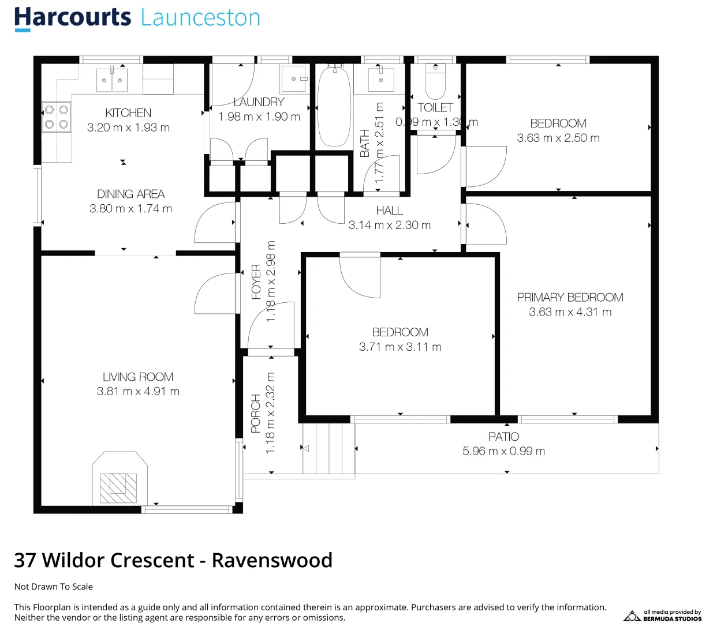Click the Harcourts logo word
(x=73, y=18)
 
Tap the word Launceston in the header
(x=200, y=18)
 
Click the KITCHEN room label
(x=128, y=113)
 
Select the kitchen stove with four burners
(x=57, y=117)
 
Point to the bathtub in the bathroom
(x=334, y=107)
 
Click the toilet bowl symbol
(x=435, y=84)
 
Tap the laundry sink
(x=295, y=79)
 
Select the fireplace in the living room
(x=120, y=479)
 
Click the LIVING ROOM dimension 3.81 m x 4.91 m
(x=138, y=392)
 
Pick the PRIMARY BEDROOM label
(x=570, y=298)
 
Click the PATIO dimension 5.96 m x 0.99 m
(x=503, y=451)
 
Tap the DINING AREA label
(x=130, y=194)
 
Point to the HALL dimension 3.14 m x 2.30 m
(x=389, y=226)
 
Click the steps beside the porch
(x=328, y=449)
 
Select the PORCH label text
(x=256, y=413)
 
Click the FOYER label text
(x=256, y=282)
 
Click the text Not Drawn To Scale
(x=54, y=587)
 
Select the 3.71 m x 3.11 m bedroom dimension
(x=400, y=347)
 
